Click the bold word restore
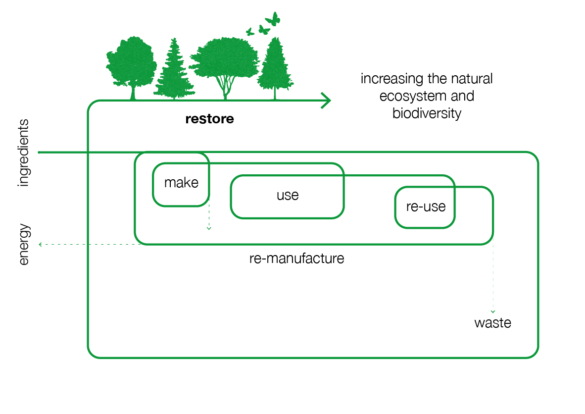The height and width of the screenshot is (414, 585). coord(209,119)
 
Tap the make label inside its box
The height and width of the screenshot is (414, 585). coord(181,183)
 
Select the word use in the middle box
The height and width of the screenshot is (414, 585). coord(288,195)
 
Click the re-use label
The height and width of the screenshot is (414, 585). coord(426,207)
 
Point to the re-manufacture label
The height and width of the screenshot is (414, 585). coord(296,258)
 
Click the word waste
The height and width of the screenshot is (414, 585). coord(492,323)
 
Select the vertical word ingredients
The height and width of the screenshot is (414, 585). coord(24,153)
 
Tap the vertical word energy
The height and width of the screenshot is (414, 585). coord(24,245)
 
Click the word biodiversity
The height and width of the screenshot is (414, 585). coord(427,113)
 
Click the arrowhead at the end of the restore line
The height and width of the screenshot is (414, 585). coord(327,101)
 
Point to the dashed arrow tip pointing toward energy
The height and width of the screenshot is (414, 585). coord(40,244)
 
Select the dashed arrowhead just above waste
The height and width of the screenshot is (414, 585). coord(492,311)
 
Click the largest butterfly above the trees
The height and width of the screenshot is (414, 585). coord(273,19)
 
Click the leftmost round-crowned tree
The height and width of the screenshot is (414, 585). coord(131,64)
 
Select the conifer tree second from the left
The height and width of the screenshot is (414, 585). coord(173,72)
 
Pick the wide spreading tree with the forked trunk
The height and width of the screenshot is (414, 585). coord(225,67)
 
